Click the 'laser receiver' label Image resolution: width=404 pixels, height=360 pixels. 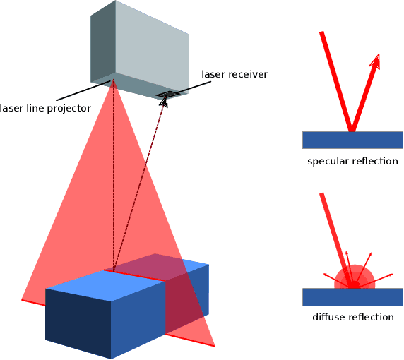234,73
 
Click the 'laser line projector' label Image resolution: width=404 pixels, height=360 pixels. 45,108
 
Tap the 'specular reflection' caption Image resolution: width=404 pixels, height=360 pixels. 352,162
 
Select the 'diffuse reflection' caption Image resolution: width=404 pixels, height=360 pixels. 352,317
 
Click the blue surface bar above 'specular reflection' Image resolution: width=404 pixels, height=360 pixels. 352,140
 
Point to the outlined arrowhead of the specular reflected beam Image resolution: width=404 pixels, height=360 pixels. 375,62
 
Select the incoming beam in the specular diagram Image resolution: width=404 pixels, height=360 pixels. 336,81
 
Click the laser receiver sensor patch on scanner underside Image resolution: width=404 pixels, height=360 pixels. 170,93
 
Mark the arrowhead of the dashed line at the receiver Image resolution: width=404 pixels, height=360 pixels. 165,102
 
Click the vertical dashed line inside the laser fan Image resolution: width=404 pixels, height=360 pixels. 112,184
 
